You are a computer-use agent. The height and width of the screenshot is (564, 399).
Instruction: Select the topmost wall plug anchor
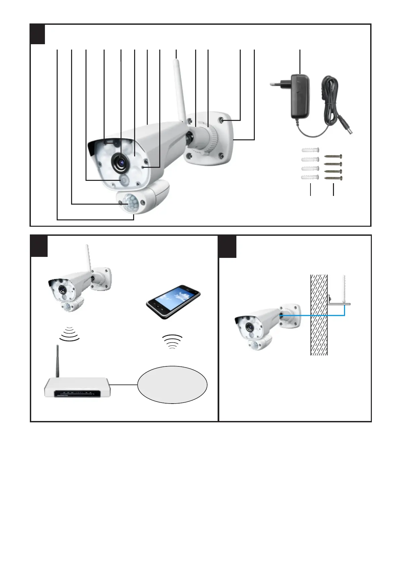click(310, 150)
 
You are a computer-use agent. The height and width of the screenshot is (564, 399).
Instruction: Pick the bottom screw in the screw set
click(333, 179)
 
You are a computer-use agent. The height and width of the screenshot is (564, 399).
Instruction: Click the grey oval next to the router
click(172, 385)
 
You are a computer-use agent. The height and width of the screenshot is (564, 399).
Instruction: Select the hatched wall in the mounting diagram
click(319, 315)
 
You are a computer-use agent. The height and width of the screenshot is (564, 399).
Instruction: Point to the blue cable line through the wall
click(312, 315)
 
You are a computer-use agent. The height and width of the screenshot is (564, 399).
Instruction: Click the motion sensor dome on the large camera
click(131, 203)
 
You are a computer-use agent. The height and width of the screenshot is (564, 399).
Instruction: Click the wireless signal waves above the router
click(69, 334)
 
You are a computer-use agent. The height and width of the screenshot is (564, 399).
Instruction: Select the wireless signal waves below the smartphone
click(172, 341)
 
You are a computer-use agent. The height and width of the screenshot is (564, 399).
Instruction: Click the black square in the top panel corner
click(38, 34)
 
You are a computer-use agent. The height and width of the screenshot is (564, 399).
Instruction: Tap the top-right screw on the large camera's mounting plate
click(223, 120)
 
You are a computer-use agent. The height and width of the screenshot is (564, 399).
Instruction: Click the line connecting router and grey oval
click(123, 385)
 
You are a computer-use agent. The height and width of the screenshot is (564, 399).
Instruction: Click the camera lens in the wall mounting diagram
click(250, 327)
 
